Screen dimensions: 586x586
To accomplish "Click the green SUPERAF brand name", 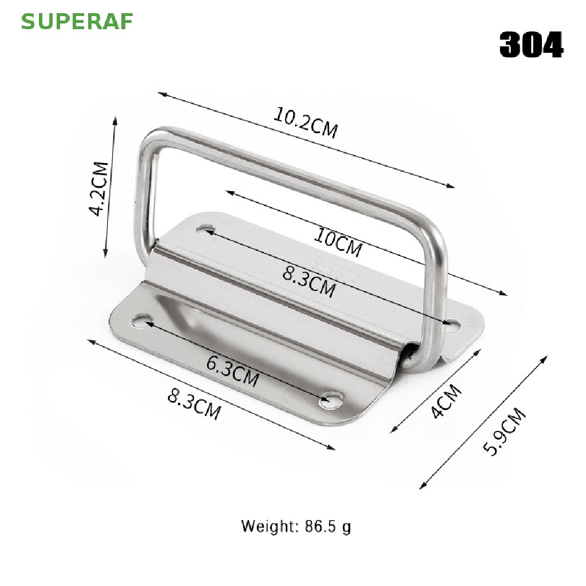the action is click(77, 22).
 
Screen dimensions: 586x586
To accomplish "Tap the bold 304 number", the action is click(531, 45).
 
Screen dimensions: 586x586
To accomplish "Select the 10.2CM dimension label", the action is click(306, 122).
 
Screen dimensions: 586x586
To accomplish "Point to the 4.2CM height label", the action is click(99, 188).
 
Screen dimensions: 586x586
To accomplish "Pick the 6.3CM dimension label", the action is click(232, 371).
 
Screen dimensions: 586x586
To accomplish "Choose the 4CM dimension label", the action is click(446, 401).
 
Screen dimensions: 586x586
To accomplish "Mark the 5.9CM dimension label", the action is click(505, 431).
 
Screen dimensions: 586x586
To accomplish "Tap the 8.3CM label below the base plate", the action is click(194, 404).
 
